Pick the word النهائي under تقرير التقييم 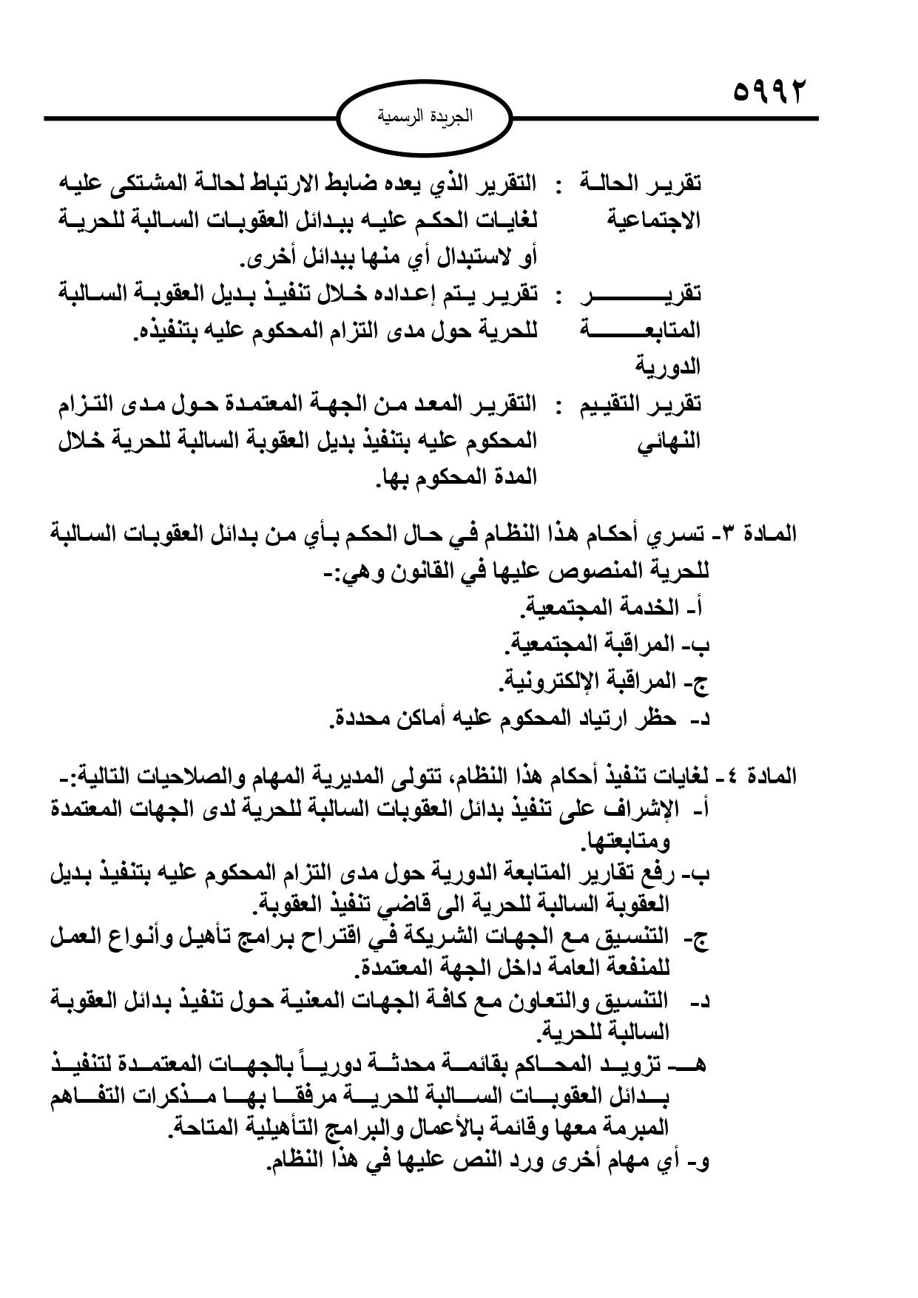pos(668,442)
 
